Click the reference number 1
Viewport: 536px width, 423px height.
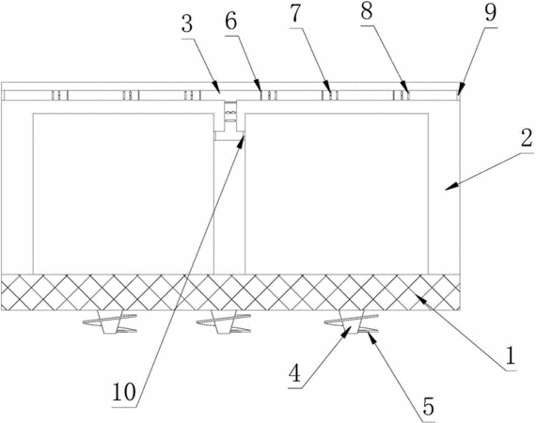pos(510,356)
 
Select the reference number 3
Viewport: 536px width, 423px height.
pos(187,23)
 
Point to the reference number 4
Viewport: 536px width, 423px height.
pos(294,373)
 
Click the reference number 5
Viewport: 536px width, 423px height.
pos(428,406)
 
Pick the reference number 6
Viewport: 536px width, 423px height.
pos(230,22)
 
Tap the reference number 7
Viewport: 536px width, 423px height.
pos(295,14)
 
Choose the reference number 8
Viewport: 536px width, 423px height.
pos(367,11)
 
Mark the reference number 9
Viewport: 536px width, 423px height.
pos(491,13)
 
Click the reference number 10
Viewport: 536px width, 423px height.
pos(124,392)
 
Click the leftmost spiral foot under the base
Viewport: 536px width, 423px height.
pos(110,322)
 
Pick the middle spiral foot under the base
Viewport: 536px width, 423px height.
pos(224,322)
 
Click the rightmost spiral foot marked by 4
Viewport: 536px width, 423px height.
pos(352,321)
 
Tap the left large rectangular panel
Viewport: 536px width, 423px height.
pos(123,194)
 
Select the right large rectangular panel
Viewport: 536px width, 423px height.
pos(337,194)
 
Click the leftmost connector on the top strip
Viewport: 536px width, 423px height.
pos(60,95)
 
